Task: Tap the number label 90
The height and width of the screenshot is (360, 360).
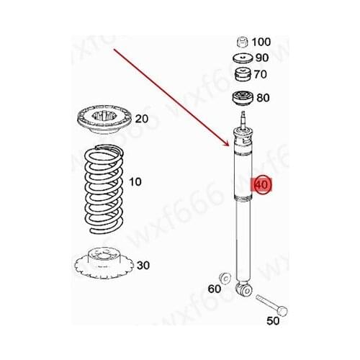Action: (260, 58)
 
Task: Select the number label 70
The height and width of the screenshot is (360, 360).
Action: (260, 73)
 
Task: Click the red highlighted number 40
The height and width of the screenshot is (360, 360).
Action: (261, 184)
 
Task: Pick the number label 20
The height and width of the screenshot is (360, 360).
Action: (141, 119)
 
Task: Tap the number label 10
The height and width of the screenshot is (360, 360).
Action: (136, 183)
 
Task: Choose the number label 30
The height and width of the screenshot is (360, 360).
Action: (143, 266)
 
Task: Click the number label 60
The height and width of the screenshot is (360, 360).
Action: (214, 289)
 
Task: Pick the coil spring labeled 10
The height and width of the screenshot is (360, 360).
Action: (102, 184)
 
